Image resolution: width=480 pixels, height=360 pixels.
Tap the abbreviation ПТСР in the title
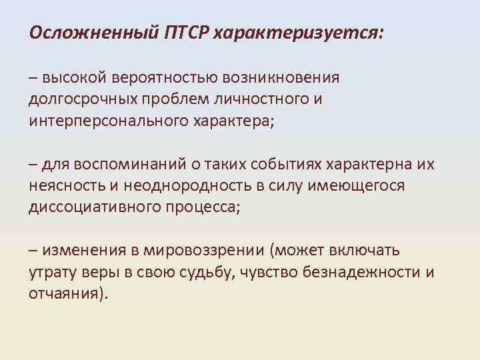click(x=187, y=33)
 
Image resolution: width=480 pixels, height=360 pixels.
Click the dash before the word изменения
click(x=33, y=251)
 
